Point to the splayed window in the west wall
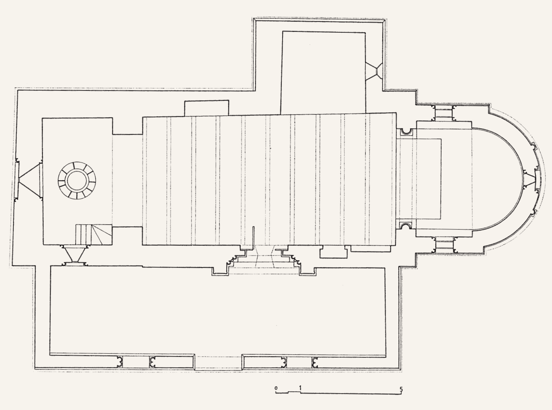pyautogui.click(x=29, y=180)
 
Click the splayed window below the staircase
pyautogui.click(x=75, y=255)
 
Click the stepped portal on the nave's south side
pyautogui.click(x=265, y=260)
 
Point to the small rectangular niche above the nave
pyautogui.click(x=206, y=108)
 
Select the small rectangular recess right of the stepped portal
pyautogui.click(x=333, y=252)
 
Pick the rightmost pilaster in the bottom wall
pyautogui.click(x=315, y=362)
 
